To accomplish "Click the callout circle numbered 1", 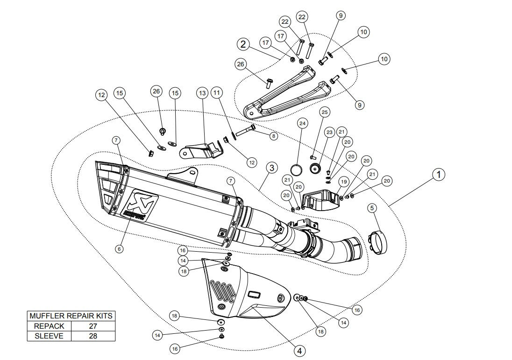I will coord(438,175).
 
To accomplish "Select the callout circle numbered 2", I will coord(243,44).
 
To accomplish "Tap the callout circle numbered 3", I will coord(272,167).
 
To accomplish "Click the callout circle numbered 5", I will coord(372,207).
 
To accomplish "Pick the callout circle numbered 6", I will coord(119,249).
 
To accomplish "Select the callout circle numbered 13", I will coord(202,93).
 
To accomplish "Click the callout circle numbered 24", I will coord(303,124).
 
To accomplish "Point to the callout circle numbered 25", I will coord(325,112).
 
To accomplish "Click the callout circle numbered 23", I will coord(329,133).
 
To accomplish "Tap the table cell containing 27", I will coord(93,326).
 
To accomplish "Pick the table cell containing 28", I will coord(93,336).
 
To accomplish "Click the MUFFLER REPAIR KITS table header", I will coord(71,316).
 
